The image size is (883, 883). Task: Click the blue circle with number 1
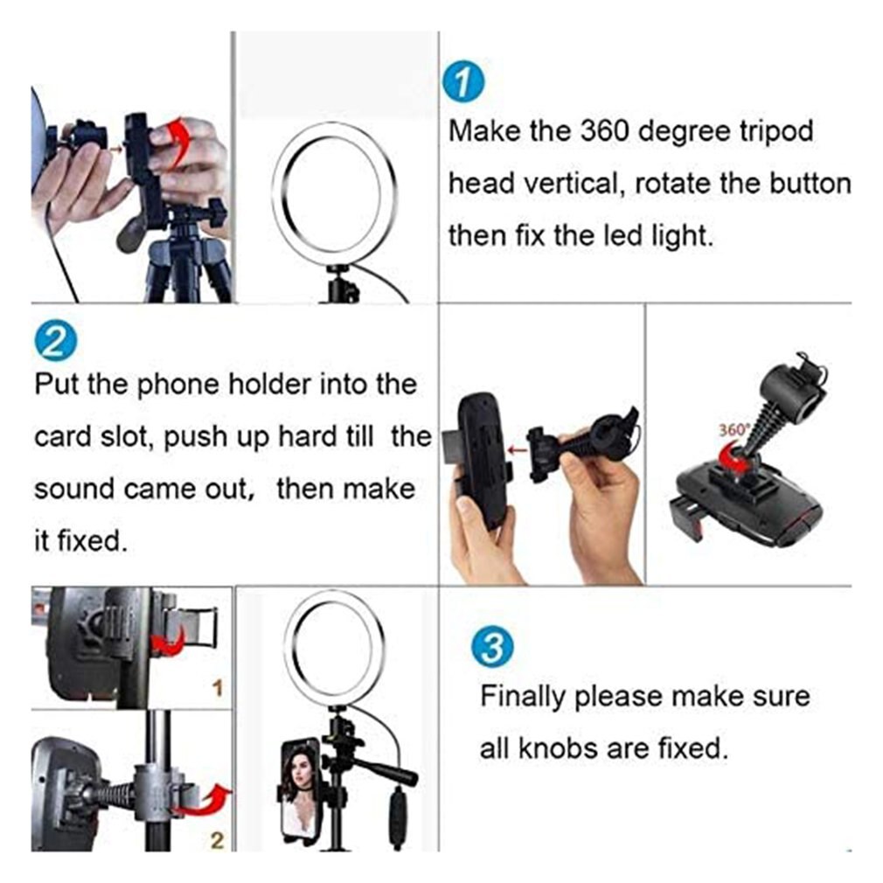(x=462, y=82)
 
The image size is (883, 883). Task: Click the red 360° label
(x=733, y=430)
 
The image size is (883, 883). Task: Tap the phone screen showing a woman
(x=299, y=790)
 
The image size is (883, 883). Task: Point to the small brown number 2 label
(x=218, y=841)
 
